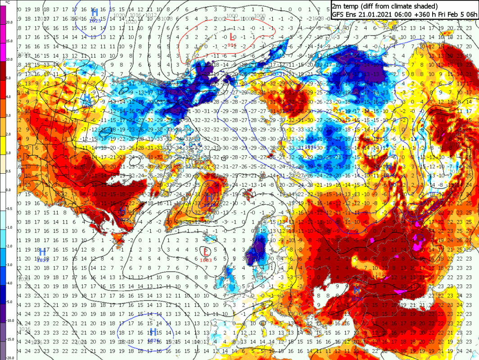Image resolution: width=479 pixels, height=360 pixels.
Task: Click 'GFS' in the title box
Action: point(339,14)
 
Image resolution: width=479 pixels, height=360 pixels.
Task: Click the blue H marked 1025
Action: point(95,11)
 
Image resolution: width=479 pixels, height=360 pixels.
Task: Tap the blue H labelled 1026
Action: point(153,332)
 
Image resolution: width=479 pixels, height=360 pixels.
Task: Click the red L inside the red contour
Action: point(232,37)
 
